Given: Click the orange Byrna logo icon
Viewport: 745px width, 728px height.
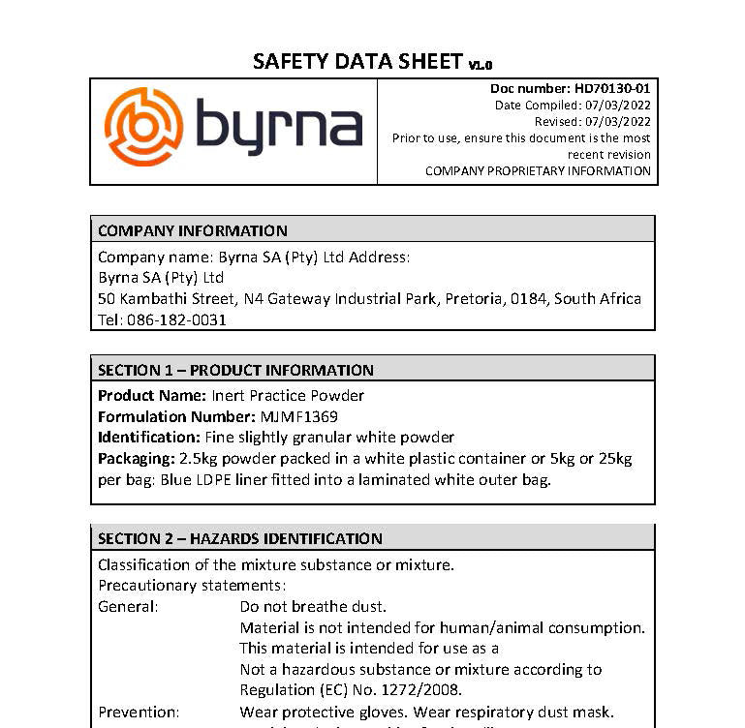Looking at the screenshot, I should click(x=143, y=127).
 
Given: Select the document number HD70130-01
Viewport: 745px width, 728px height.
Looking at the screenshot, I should click(x=612, y=89).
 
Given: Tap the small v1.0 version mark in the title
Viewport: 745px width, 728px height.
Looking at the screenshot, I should click(x=481, y=65).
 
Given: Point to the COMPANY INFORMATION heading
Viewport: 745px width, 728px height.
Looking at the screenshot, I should click(x=193, y=230).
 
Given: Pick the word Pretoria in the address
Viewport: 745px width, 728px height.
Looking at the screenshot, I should click(x=473, y=298).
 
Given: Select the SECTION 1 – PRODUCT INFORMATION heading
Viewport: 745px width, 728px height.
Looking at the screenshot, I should click(x=235, y=370).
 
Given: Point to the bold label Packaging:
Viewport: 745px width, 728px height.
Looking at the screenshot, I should click(x=137, y=458).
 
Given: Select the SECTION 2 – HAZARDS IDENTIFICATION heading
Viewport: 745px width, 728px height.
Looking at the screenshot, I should click(x=240, y=538).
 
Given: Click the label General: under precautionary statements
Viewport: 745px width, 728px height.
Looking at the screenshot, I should click(x=128, y=607).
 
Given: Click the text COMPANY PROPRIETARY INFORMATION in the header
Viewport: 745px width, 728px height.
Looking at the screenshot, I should click(x=538, y=171).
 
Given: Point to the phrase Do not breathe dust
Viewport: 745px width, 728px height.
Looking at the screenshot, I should click(x=313, y=607).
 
